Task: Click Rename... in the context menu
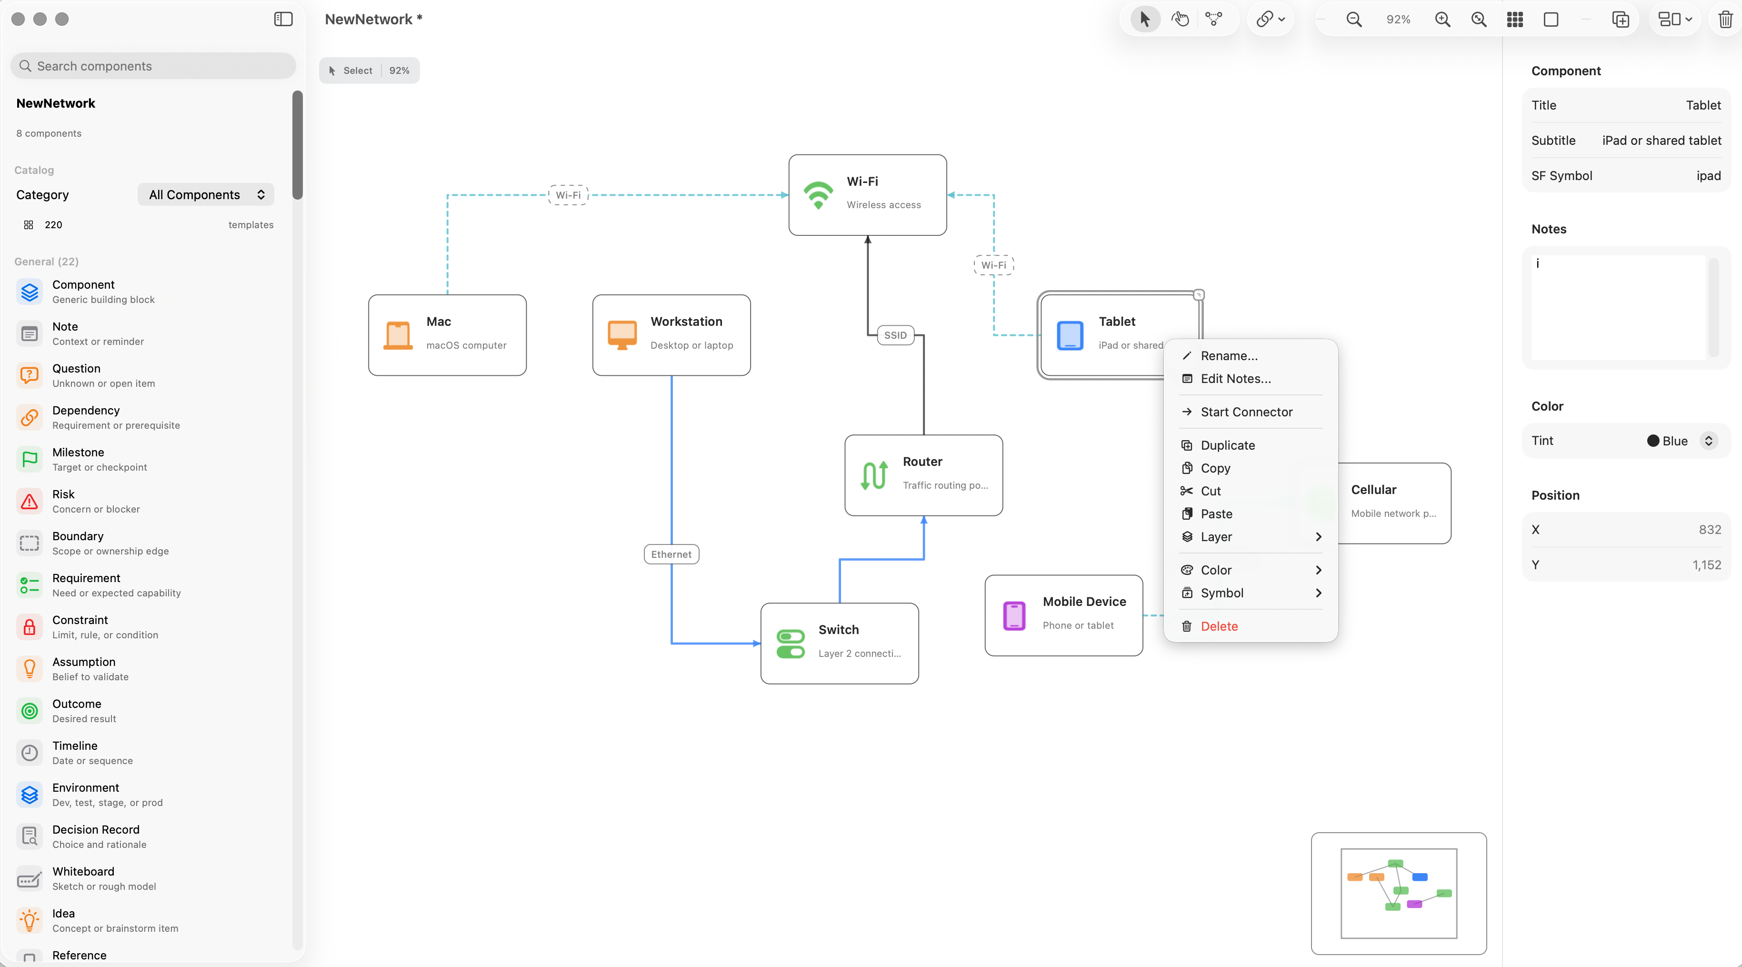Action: (1229, 356)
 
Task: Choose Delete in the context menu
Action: (1219, 626)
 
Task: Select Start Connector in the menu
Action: (1246, 412)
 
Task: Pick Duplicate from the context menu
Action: (1227, 445)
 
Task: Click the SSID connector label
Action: (895, 335)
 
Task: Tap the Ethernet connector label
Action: (671, 554)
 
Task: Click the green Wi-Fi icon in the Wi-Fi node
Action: (818, 195)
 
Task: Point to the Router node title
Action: (922, 461)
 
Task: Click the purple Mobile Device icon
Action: (1014, 615)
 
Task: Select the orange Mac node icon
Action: (398, 335)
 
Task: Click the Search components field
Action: (153, 66)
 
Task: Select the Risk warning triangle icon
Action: (29, 501)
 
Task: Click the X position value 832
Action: (1710, 530)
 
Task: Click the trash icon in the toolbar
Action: (1725, 19)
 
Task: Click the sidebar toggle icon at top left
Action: (283, 19)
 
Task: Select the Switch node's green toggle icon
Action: (790, 644)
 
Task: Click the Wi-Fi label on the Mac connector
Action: (568, 195)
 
